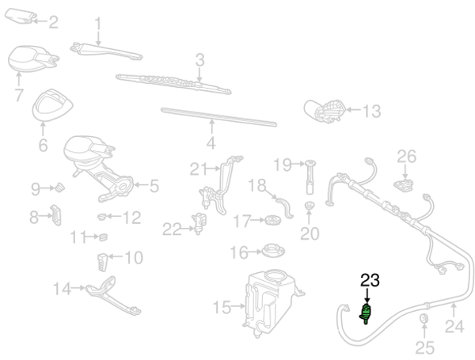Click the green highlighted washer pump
(x=367, y=313)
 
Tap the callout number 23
(x=370, y=279)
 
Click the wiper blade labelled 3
(x=170, y=81)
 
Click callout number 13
(x=371, y=112)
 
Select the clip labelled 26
(x=404, y=184)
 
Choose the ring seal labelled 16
(x=272, y=252)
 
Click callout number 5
(x=154, y=187)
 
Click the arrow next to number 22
(x=188, y=229)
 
